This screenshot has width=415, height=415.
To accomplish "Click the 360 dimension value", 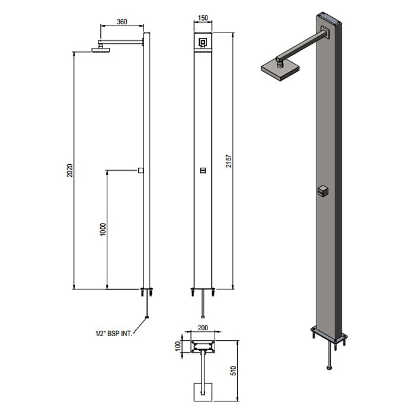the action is tap(122, 22).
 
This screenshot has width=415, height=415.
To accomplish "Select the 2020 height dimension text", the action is tap(69, 171).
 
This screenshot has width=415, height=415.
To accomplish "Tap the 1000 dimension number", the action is tap(103, 229).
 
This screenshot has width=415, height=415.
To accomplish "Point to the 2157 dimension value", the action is tap(229, 161).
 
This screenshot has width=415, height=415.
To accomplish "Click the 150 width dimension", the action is tap(203, 18).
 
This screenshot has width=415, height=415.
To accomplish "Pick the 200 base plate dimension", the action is tap(203, 328).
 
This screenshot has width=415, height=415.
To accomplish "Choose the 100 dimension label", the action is tap(178, 346).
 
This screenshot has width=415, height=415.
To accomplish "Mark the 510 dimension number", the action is tap(233, 371).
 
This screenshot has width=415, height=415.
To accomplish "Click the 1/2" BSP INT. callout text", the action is tap(114, 333).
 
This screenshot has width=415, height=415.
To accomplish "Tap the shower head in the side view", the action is tap(101, 50).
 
